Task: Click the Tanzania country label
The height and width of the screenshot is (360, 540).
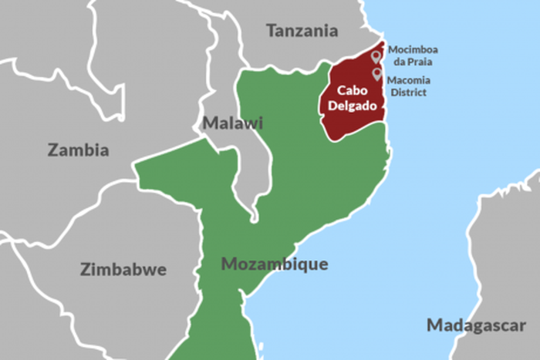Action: pyautogui.click(x=302, y=31)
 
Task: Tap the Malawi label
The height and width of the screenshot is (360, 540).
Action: pyautogui.click(x=232, y=123)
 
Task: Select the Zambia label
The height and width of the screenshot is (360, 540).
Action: pyautogui.click(x=78, y=150)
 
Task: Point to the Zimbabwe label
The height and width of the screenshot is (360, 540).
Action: pyautogui.click(x=123, y=269)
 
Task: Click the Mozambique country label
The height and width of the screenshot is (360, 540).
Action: pyautogui.click(x=274, y=264)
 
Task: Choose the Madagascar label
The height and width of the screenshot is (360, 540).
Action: pyautogui.click(x=476, y=325)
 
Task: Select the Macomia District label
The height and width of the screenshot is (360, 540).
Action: pyautogui.click(x=409, y=86)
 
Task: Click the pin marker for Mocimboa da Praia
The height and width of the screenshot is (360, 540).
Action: pyautogui.click(x=376, y=56)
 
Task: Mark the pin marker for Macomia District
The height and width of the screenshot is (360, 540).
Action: pyautogui.click(x=377, y=74)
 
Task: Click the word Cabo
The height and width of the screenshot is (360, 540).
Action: pyautogui.click(x=351, y=90)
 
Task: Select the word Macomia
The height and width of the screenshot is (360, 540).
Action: pyautogui.click(x=409, y=79)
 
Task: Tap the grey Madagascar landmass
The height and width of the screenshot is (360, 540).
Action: pyautogui.click(x=501, y=254)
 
